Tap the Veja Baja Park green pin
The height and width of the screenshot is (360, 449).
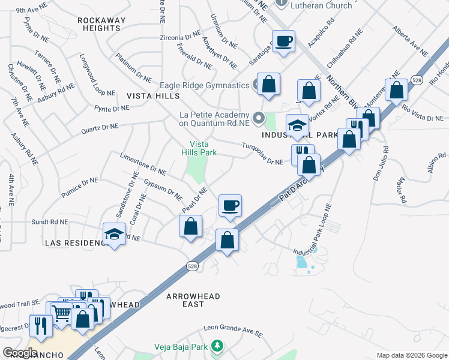click(x=218, y=346)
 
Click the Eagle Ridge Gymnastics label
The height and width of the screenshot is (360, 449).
click(x=204, y=86)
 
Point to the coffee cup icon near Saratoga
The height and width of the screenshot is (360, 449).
click(x=284, y=41)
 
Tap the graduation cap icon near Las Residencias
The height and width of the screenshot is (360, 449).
click(x=113, y=235)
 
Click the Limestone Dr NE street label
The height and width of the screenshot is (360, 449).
click(x=142, y=163)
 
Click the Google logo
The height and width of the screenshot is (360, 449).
click(x=20, y=353)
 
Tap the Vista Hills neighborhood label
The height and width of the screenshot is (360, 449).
click(x=153, y=96)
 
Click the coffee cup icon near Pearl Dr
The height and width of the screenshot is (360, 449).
click(x=230, y=206)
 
